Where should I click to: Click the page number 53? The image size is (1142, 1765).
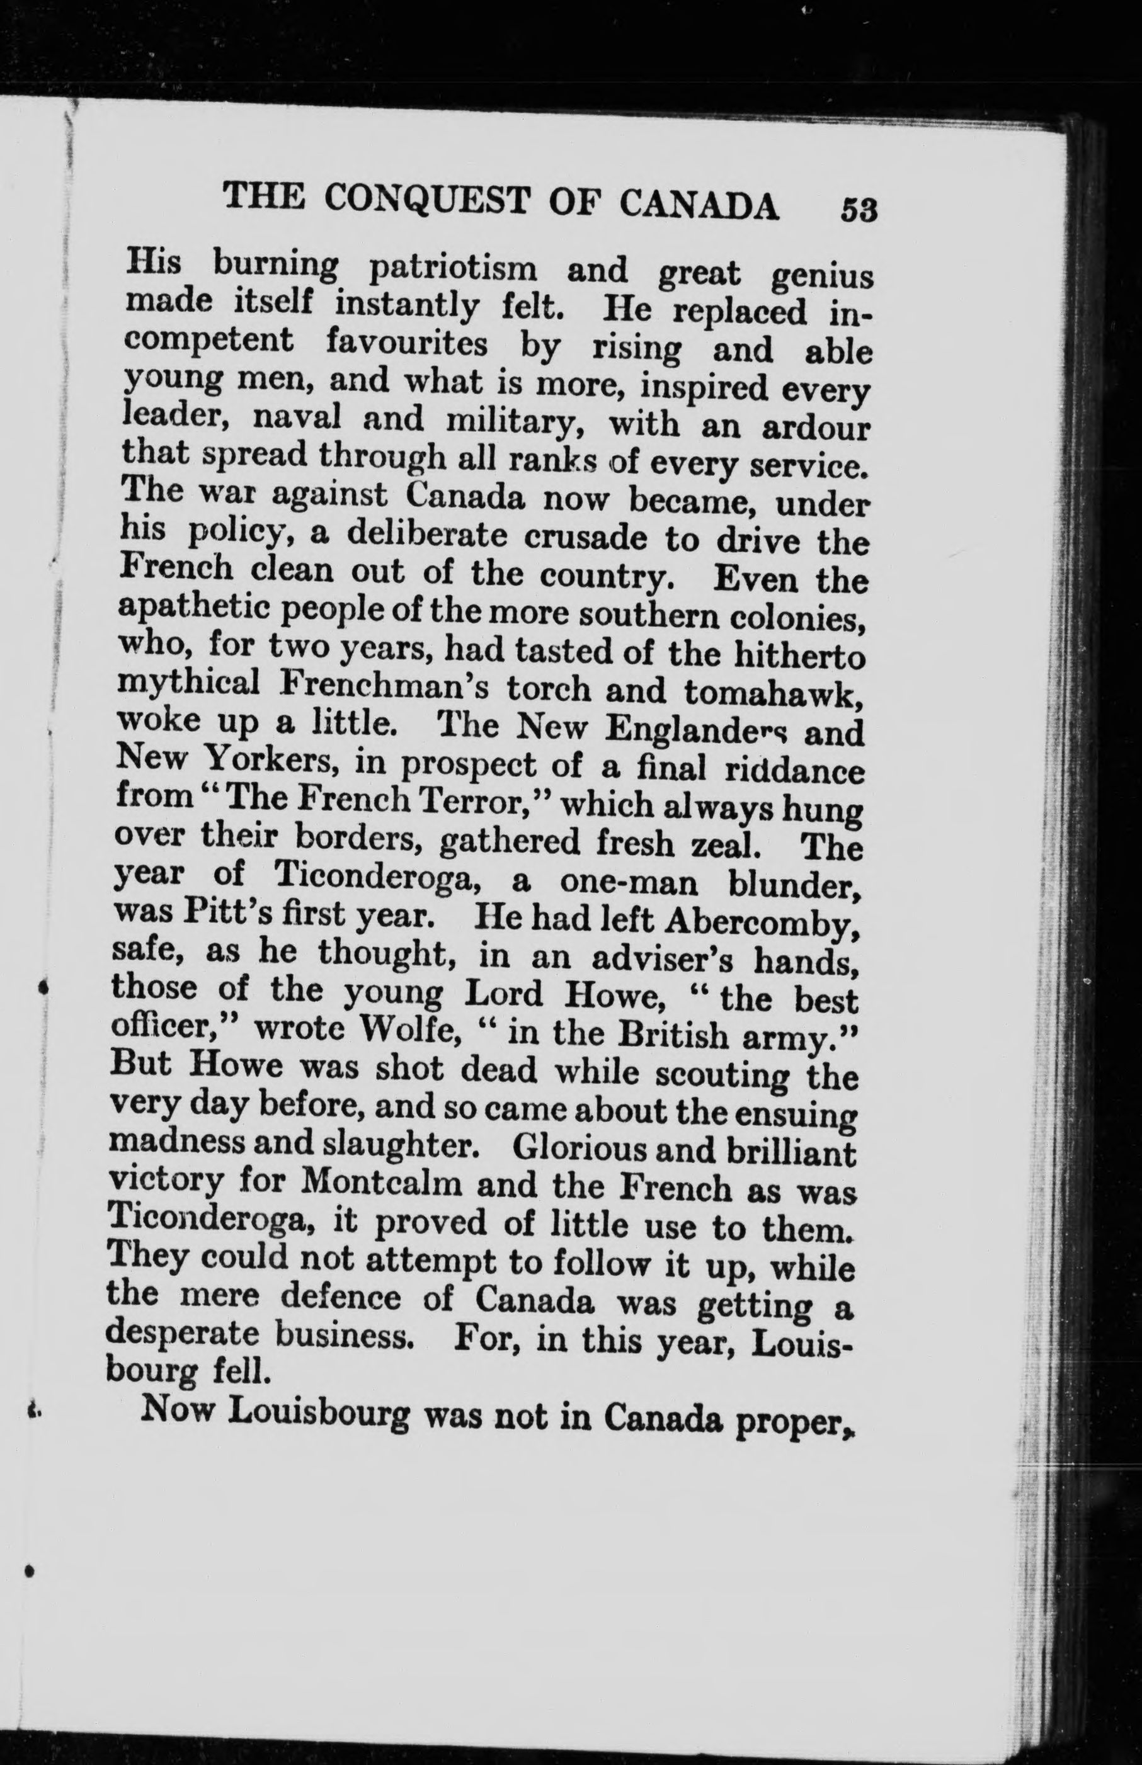click(859, 210)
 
